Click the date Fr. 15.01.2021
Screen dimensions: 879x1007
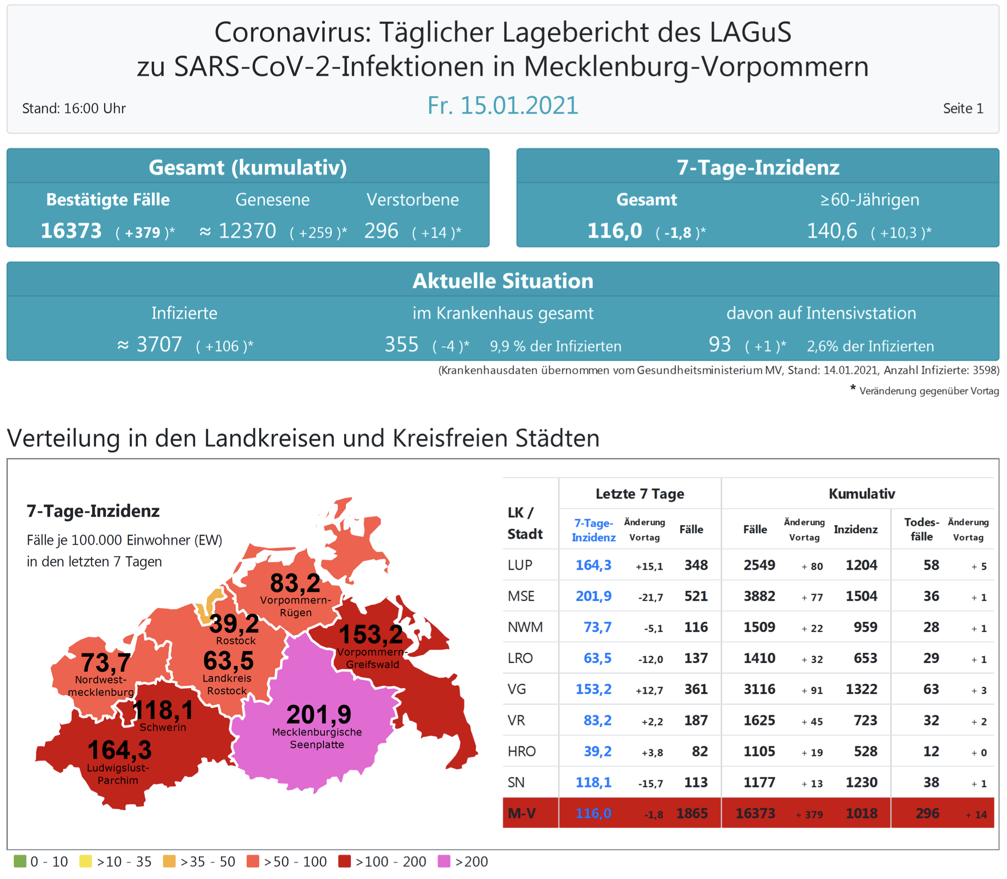pyautogui.click(x=503, y=106)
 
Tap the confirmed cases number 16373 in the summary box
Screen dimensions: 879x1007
pyautogui.click(x=71, y=231)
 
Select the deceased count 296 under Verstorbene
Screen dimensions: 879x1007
pyautogui.click(x=381, y=231)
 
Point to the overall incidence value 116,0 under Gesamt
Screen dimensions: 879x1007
pyautogui.click(x=615, y=231)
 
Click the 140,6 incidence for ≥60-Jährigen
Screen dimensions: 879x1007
pyautogui.click(x=832, y=231)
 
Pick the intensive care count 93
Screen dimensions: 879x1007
pyautogui.click(x=720, y=345)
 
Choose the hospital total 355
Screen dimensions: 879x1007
pyautogui.click(x=401, y=345)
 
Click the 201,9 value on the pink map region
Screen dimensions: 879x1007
pyautogui.click(x=319, y=714)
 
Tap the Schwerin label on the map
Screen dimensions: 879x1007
pyautogui.click(x=163, y=727)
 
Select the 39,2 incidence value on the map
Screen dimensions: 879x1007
pyautogui.click(x=234, y=624)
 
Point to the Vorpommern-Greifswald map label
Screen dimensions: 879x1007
pyautogui.click(x=372, y=658)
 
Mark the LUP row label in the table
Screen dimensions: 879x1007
pyautogui.click(x=520, y=565)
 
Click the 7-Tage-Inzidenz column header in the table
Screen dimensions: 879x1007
pyautogui.click(x=594, y=530)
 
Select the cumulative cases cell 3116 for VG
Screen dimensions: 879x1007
pyautogui.click(x=759, y=689)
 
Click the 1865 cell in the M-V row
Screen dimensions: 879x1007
pyautogui.click(x=692, y=813)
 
